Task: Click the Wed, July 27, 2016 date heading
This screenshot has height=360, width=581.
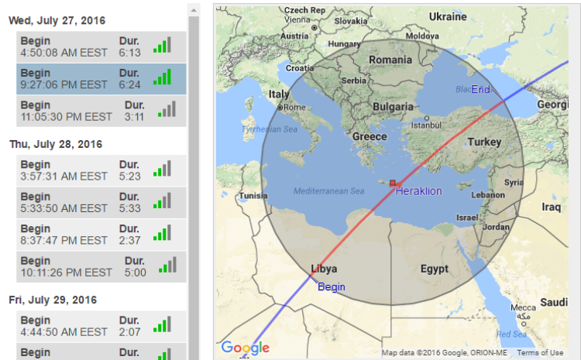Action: [x=57, y=19]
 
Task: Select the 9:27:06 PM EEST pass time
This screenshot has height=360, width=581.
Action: [x=64, y=84]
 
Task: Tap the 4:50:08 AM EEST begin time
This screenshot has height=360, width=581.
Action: [x=64, y=52]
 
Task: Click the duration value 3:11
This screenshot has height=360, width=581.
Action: [x=134, y=117]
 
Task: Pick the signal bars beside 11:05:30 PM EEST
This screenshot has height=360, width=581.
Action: [x=167, y=110]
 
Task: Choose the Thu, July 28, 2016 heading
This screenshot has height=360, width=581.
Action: [x=56, y=144]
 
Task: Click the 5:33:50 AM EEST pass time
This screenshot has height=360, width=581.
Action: [x=64, y=208]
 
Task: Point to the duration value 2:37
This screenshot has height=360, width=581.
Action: [x=129, y=241]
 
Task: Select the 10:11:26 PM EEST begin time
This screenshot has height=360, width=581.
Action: [x=67, y=273]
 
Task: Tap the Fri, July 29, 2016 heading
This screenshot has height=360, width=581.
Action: [x=53, y=300]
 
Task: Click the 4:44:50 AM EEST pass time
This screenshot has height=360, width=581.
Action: [x=64, y=332]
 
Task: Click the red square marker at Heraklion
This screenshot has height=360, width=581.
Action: [x=393, y=183]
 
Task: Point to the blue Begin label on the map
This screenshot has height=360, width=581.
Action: [x=332, y=286]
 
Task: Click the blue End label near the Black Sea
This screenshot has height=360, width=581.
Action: [x=480, y=90]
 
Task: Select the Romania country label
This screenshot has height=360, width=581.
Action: [x=390, y=60]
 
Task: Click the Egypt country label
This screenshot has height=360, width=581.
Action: [x=435, y=269]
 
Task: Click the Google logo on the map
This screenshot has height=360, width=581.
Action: [x=245, y=348]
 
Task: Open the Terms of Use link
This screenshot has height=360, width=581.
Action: [x=541, y=353]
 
